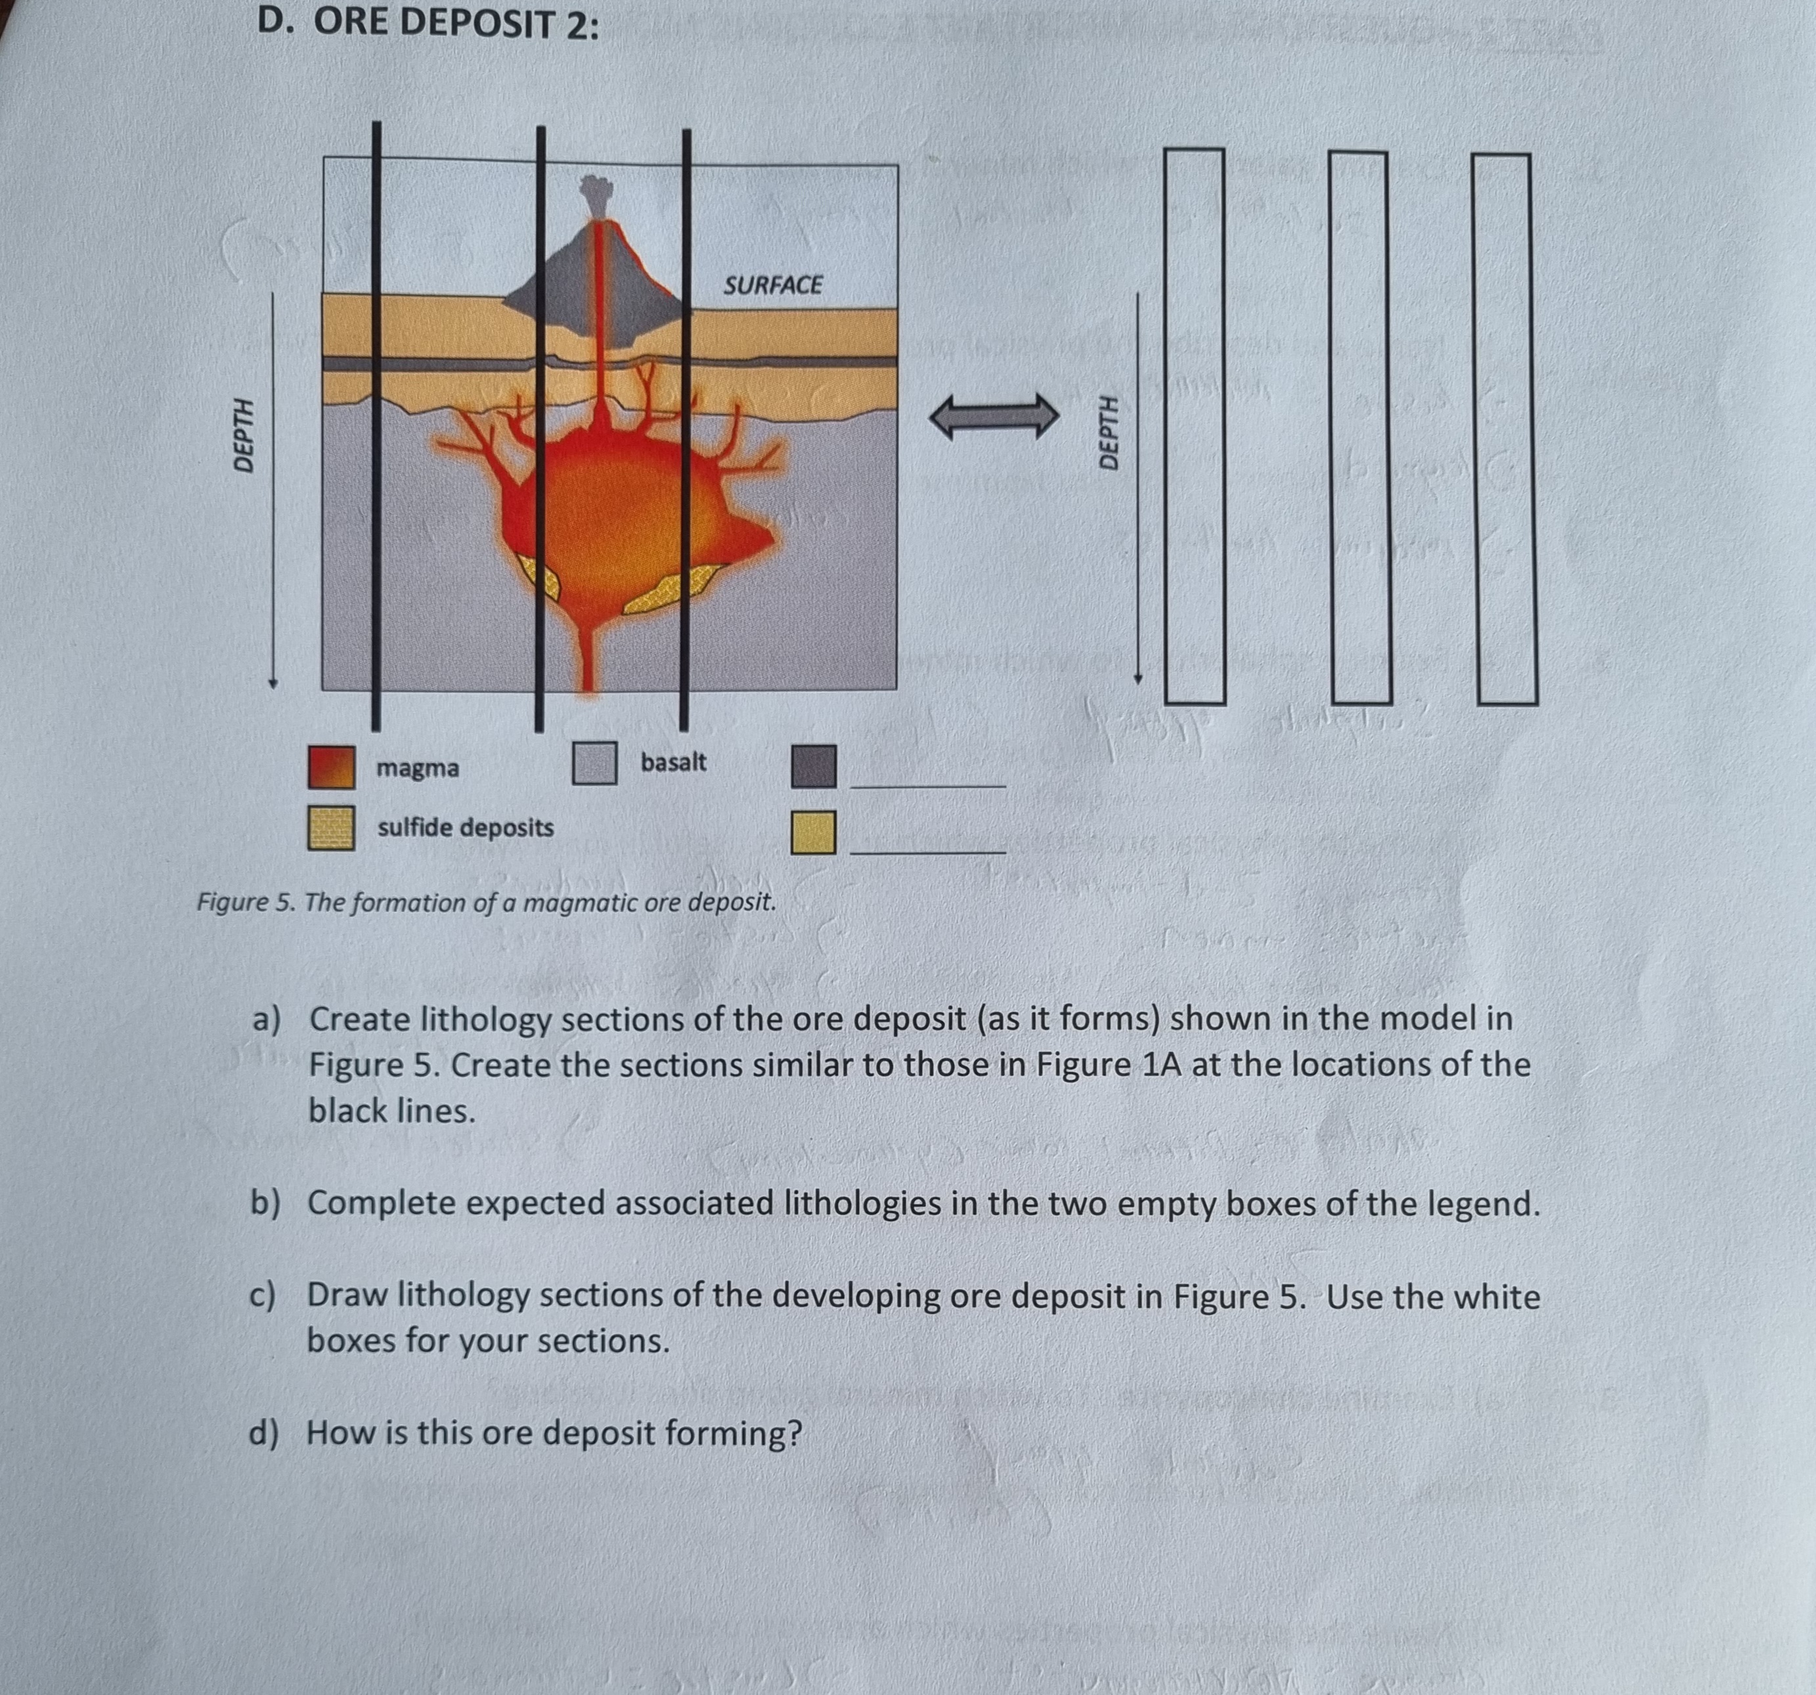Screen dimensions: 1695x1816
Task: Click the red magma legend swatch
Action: click(x=332, y=767)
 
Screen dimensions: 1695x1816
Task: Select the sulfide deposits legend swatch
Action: click(x=332, y=827)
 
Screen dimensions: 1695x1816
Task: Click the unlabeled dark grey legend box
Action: click(x=813, y=766)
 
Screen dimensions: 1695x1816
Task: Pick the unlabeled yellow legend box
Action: click(x=813, y=832)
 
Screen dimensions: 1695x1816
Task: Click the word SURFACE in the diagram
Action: click(x=773, y=286)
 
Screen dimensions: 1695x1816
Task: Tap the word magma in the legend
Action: click(x=418, y=768)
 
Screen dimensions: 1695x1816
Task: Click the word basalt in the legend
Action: click(x=673, y=762)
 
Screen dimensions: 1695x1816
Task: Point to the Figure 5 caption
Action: click(x=486, y=902)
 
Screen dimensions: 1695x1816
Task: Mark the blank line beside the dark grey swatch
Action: click(x=927, y=784)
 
